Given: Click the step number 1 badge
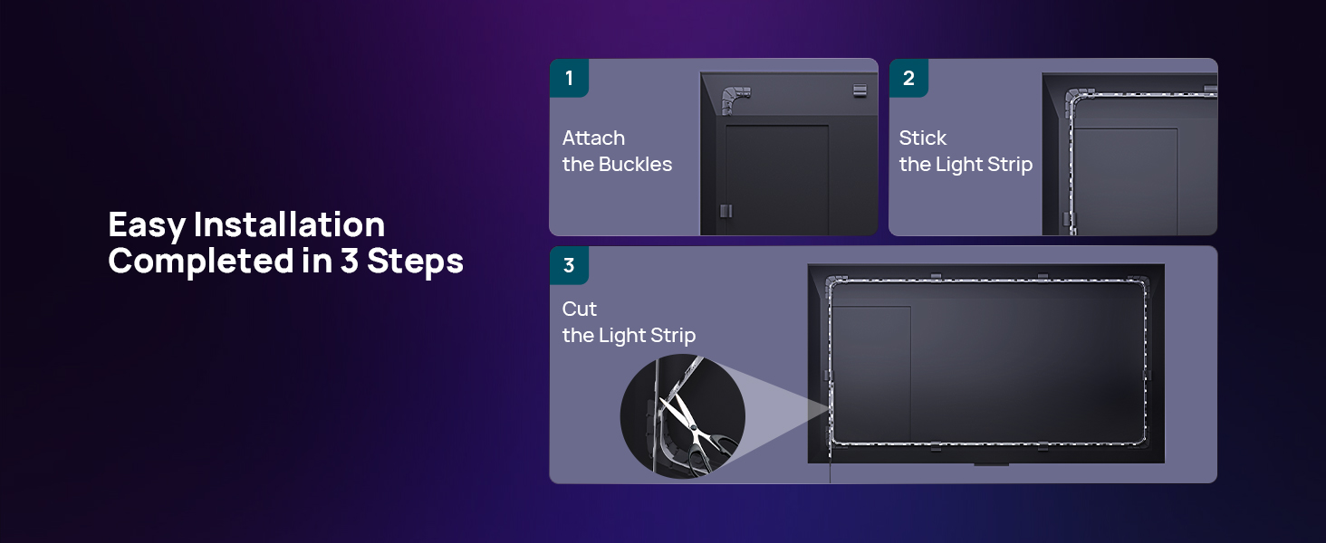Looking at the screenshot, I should (569, 78).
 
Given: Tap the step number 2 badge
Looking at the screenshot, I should (908, 78).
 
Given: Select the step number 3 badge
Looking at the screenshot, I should (569, 265).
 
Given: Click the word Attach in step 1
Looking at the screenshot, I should (593, 138).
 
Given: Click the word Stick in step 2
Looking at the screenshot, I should (922, 138).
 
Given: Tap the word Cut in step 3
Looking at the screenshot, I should (580, 310).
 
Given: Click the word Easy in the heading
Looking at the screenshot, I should (146, 224).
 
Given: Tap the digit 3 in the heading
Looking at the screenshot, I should (350, 262).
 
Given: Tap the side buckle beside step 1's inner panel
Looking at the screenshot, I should (725, 211).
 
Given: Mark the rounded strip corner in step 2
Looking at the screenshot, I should (1077, 93).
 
